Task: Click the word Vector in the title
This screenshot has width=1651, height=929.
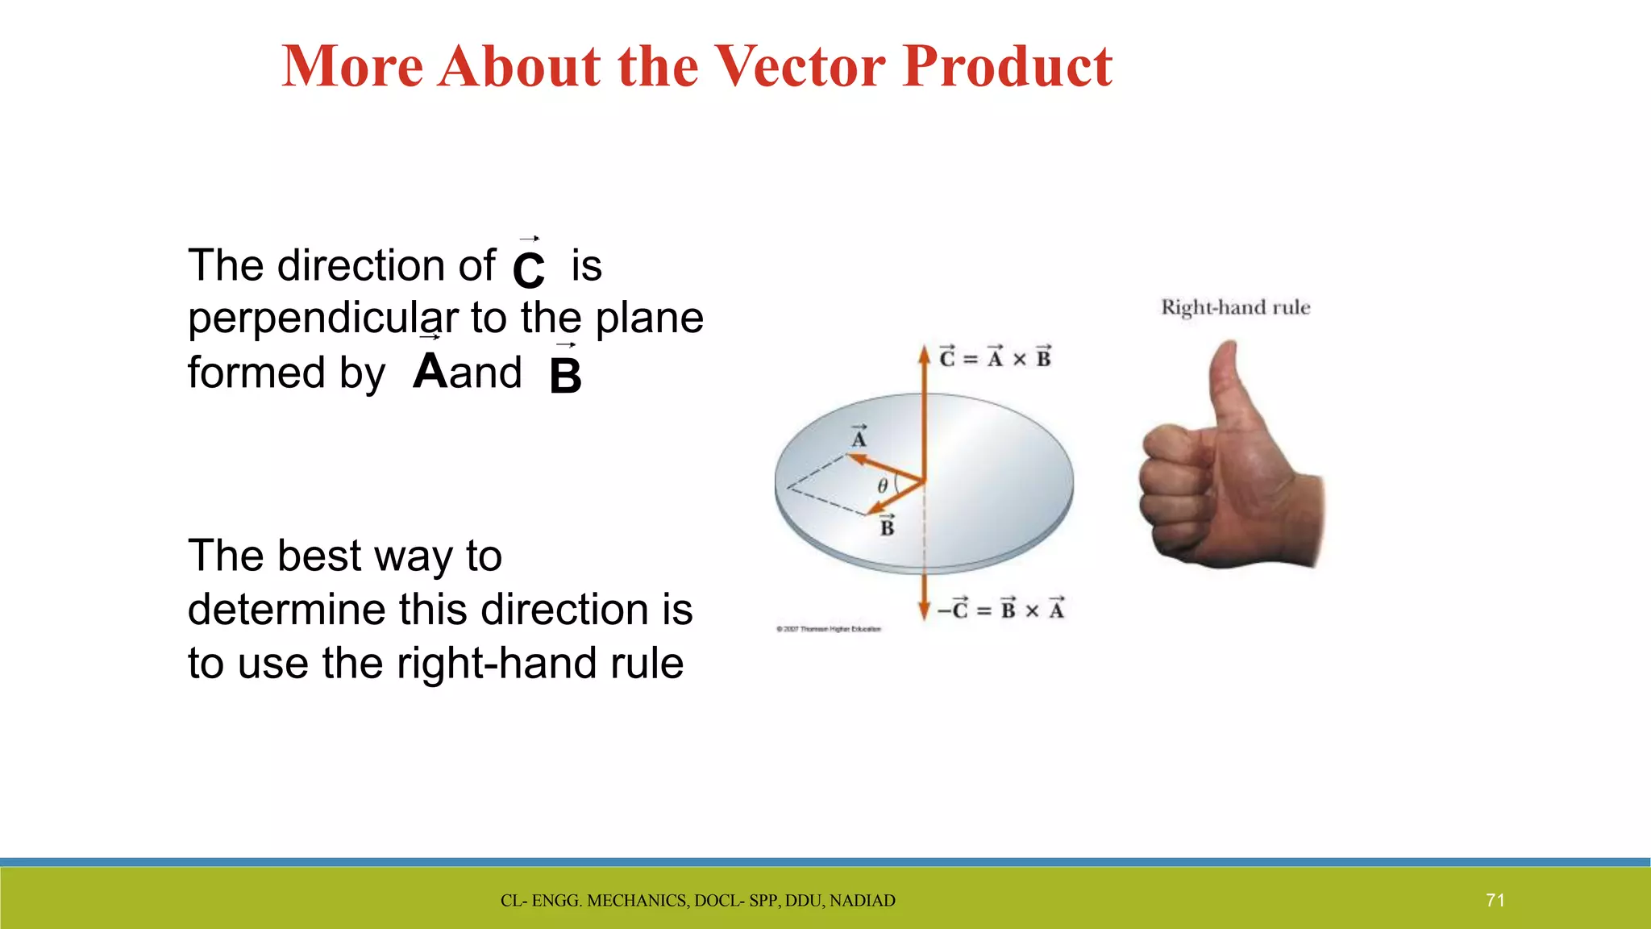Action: pyautogui.click(x=801, y=66)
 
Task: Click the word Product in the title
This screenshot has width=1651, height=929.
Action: pyautogui.click(x=1008, y=66)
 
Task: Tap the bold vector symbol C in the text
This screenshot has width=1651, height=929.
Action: pyautogui.click(x=529, y=269)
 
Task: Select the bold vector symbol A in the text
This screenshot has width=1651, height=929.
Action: pyautogui.click(x=430, y=371)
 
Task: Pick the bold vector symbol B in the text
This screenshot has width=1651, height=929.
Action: pyautogui.click(x=565, y=375)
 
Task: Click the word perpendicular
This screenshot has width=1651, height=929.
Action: pyautogui.click(x=323, y=319)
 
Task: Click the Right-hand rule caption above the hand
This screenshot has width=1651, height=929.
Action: pyautogui.click(x=1235, y=307)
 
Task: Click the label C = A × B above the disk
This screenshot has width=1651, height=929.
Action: pyautogui.click(x=996, y=357)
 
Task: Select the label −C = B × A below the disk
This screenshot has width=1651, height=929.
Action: pyautogui.click(x=1000, y=609)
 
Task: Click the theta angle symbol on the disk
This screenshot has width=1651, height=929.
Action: pyautogui.click(x=883, y=485)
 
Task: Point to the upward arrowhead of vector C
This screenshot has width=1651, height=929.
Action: pyautogui.click(x=925, y=354)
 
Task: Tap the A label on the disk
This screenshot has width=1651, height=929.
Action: pyautogui.click(x=859, y=438)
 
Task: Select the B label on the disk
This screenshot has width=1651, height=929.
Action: pyautogui.click(x=887, y=527)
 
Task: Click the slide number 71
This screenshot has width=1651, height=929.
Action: pyautogui.click(x=1495, y=901)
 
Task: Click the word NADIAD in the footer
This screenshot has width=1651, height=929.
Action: pyautogui.click(x=863, y=901)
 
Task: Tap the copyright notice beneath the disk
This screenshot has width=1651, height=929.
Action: pyautogui.click(x=829, y=629)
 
